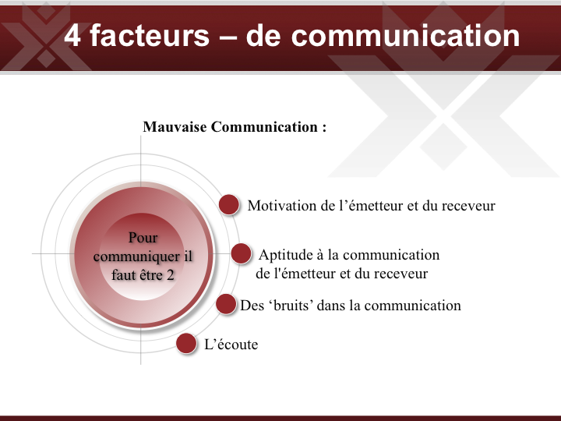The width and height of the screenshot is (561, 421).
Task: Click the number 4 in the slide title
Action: [72, 35]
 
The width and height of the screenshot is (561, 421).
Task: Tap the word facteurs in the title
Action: [150, 35]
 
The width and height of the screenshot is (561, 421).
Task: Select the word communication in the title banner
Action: [405, 35]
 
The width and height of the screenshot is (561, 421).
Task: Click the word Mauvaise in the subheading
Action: [175, 127]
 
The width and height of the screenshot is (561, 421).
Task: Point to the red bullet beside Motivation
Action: [229, 204]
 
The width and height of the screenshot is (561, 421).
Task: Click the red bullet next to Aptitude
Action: [241, 253]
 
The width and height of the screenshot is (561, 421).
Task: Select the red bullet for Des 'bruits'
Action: [226, 304]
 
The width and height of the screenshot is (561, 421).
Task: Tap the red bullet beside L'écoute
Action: [186, 343]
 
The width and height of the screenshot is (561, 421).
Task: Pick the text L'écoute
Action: [231, 344]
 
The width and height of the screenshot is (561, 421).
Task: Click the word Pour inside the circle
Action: [143, 237]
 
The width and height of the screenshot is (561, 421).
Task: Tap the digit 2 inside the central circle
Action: [171, 275]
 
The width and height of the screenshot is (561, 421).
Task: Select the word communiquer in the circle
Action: [136, 256]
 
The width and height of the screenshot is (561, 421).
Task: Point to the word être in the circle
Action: [150, 275]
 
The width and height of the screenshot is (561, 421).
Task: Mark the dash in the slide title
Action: [228, 37]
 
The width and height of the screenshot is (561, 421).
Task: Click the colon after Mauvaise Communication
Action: [324, 128]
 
